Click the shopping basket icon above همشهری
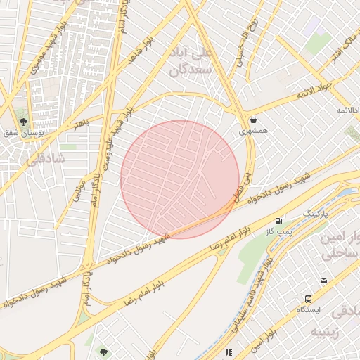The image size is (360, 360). click(x=252, y=120)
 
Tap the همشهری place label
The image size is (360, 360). click(x=252, y=131)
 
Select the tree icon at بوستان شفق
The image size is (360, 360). click(x=23, y=122)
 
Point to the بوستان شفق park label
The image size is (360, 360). click(x=21, y=134)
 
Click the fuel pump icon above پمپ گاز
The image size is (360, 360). click(x=281, y=221)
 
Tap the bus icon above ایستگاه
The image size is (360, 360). click(x=309, y=299)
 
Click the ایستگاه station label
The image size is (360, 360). click(x=309, y=309)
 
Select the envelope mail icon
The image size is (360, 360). click(x=323, y=281)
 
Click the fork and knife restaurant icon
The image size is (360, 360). click(x=228, y=352)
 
